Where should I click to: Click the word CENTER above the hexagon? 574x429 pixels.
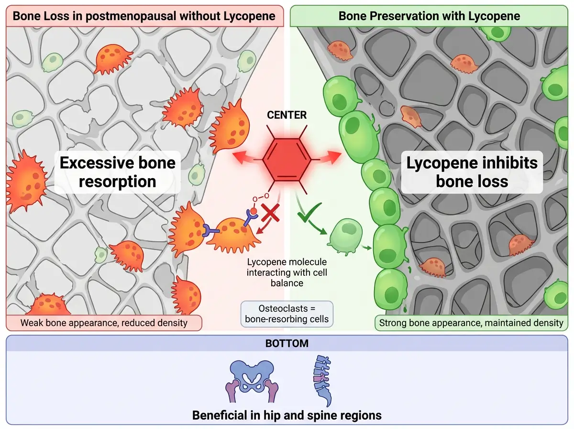(x=287, y=115)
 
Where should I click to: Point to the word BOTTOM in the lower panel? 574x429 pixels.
(x=287, y=343)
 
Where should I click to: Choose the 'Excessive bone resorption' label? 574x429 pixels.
(x=118, y=172)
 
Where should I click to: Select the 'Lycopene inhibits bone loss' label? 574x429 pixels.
(x=472, y=172)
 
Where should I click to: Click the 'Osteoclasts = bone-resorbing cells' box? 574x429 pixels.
(x=287, y=314)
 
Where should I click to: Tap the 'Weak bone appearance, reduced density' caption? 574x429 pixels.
(x=104, y=323)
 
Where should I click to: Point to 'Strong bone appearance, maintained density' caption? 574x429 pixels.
(x=471, y=323)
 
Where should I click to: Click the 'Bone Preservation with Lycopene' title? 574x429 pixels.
(x=429, y=16)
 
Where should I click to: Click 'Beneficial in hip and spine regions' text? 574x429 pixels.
(x=287, y=415)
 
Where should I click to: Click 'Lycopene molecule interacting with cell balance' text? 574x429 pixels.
(x=287, y=272)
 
